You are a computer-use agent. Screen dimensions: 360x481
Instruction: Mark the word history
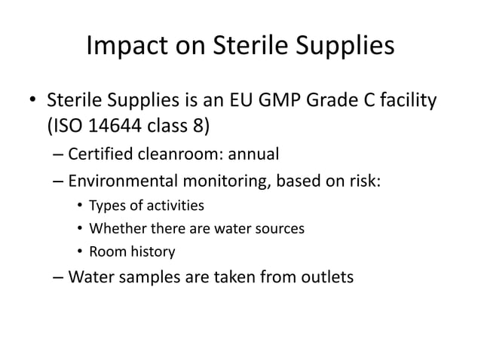[151, 252]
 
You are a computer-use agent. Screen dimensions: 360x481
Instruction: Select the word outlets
[322, 277]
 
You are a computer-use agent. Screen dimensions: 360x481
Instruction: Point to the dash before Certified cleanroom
[59, 156]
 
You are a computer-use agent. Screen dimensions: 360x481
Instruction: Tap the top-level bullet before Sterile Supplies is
[32, 100]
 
